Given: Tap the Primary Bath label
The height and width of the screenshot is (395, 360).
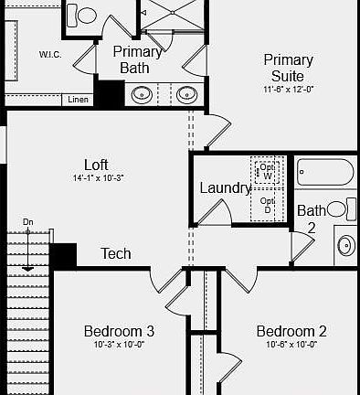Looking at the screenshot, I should [137, 59].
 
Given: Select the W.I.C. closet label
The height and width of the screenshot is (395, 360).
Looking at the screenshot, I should [50, 54].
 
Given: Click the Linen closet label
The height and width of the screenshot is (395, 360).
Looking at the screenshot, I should [78, 100].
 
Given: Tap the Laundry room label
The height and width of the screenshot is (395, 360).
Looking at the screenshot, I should [225, 188].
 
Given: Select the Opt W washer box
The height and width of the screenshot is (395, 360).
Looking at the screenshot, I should [267, 171].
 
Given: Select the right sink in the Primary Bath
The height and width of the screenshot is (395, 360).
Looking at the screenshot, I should [186, 93].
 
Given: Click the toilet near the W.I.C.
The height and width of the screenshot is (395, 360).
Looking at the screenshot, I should [85, 15].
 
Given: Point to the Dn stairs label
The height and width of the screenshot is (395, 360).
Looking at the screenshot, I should [28, 222].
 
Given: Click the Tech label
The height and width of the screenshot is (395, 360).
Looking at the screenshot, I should [116, 253].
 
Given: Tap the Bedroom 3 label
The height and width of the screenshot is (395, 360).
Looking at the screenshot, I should [119, 331].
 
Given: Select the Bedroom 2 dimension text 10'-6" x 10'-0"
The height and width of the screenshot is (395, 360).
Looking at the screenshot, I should [291, 345].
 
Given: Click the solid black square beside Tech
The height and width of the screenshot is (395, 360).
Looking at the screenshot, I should [63, 255].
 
